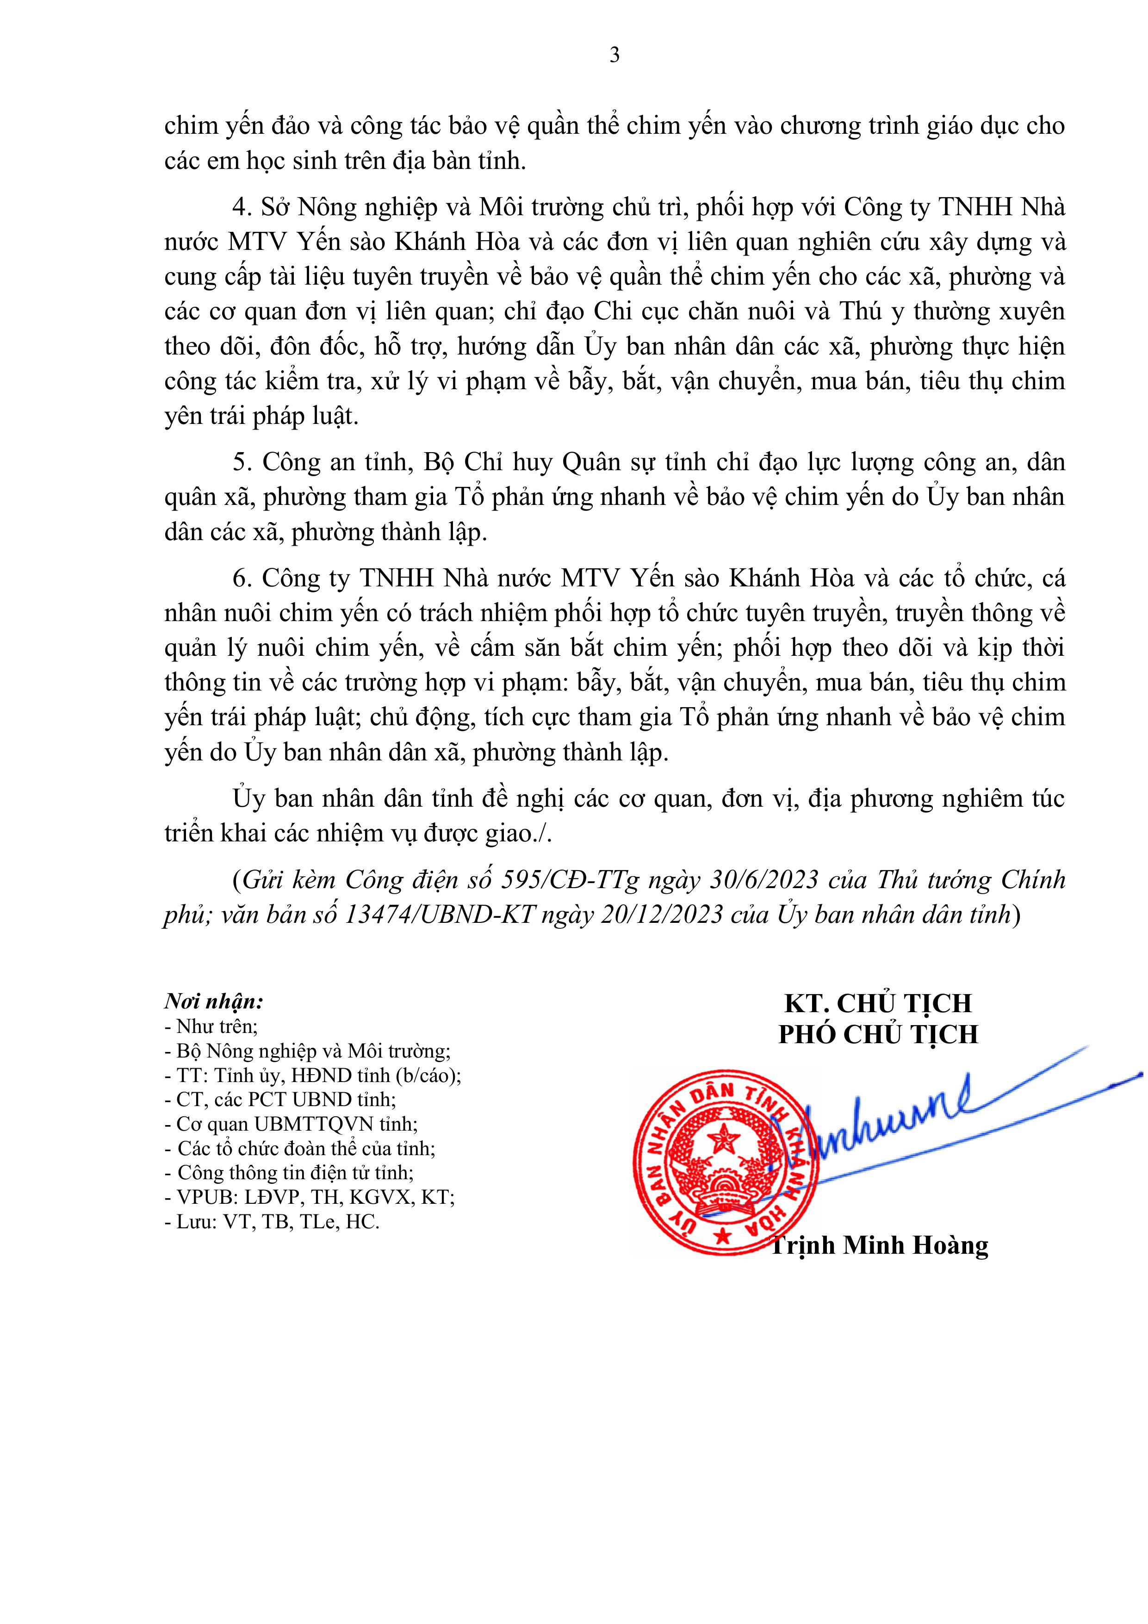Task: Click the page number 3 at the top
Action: pyautogui.click(x=614, y=55)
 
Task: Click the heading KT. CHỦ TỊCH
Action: pyautogui.click(x=878, y=1003)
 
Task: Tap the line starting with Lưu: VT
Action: pyautogui.click(x=272, y=1221)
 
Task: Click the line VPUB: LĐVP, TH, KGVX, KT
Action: pyautogui.click(x=309, y=1197)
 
